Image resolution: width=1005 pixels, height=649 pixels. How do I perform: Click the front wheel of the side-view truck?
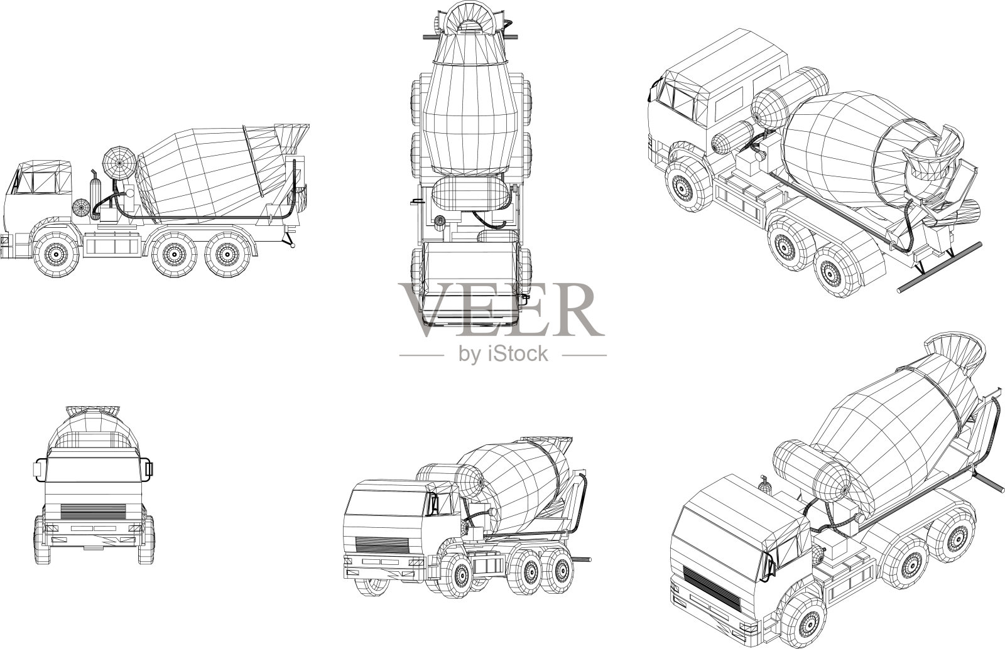pyautogui.click(x=56, y=254)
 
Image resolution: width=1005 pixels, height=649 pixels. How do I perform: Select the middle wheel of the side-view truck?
pyautogui.click(x=174, y=254)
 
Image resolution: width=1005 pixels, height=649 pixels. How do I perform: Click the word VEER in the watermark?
pyautogui.click(x=501, y=309)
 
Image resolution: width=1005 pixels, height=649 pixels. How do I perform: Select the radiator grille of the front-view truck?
pyautogui.click(x=93, y=512)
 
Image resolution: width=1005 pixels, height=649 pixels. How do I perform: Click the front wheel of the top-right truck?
pyautogui.click(x=685, y=186)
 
